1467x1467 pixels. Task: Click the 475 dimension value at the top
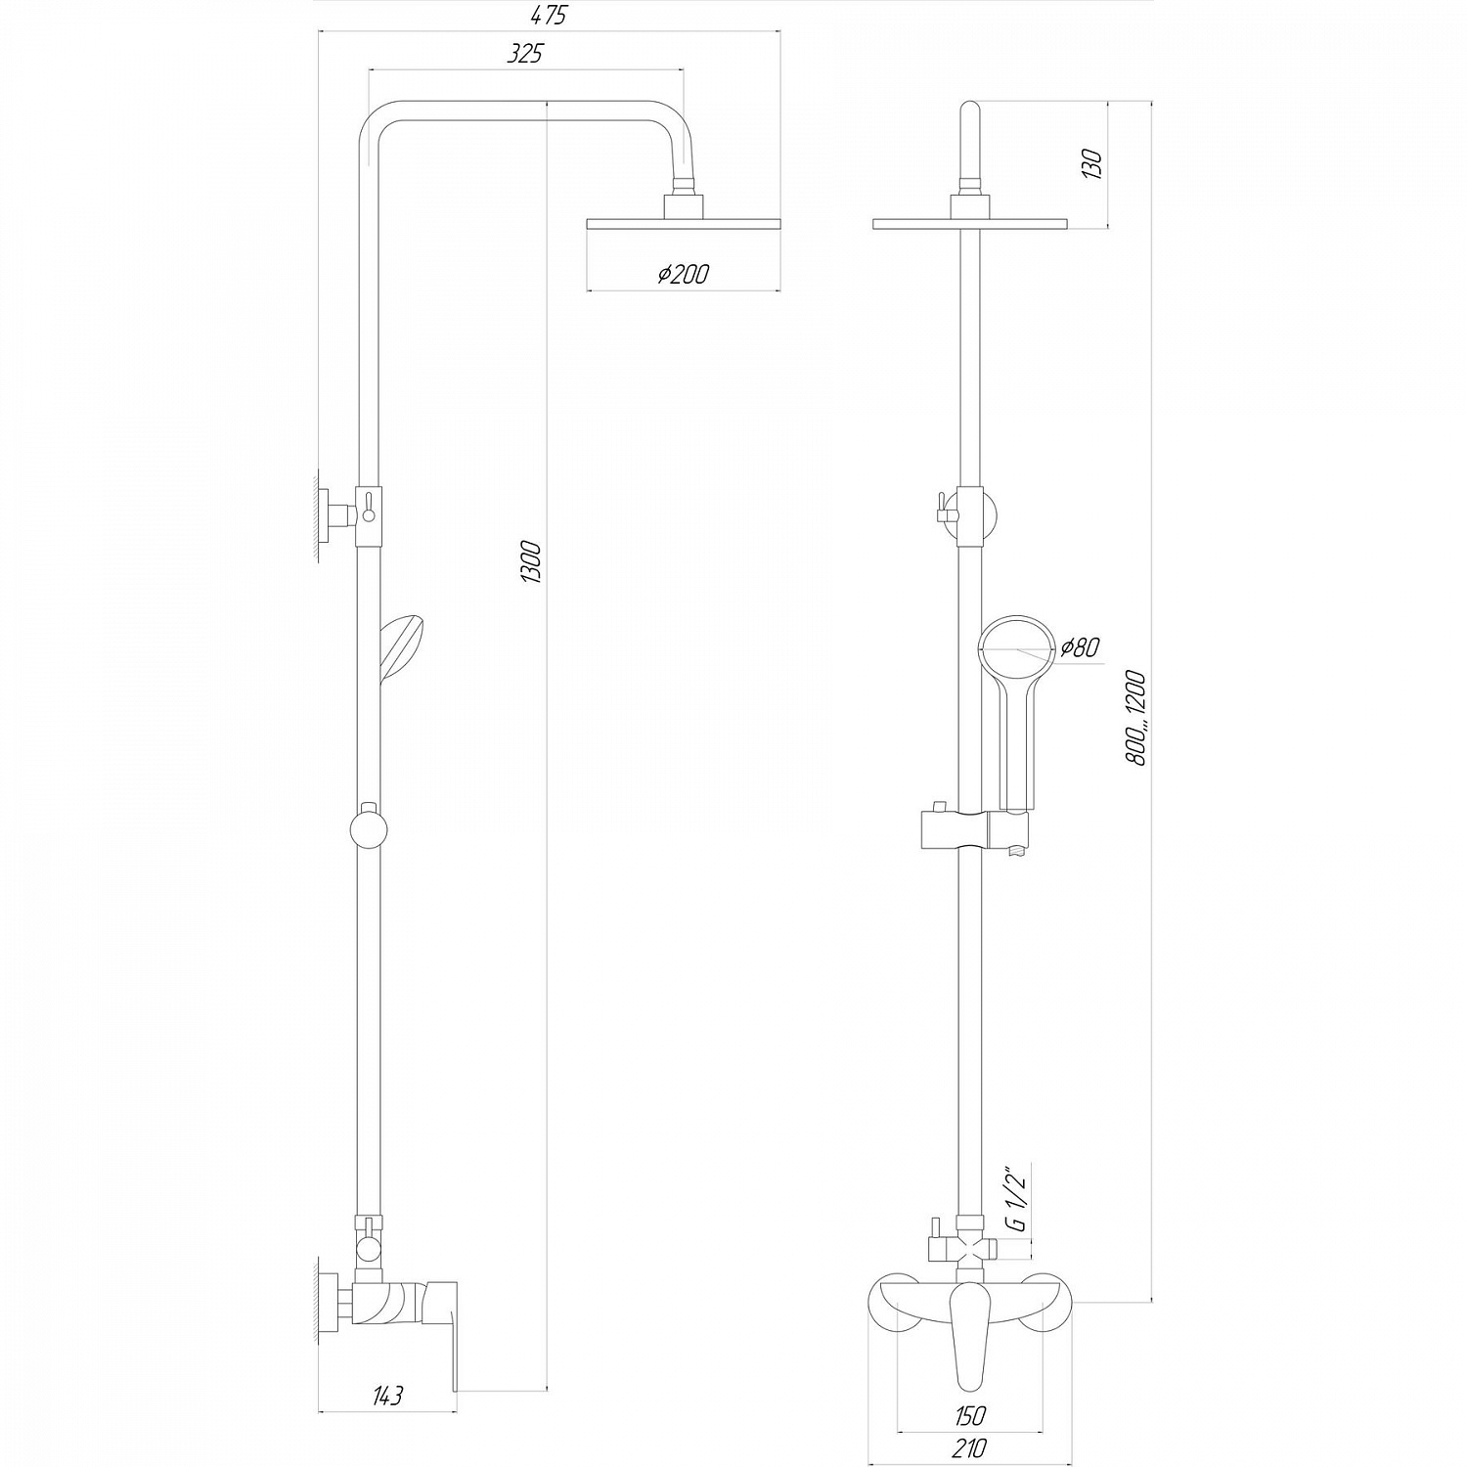point(550,17)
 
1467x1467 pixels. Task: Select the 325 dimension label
point(525,55)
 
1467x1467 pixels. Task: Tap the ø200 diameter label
point(683,276)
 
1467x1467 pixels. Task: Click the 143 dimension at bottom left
point(386,1396)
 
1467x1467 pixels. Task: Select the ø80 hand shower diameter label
point(1080,647)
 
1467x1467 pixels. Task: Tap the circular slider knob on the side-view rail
point(369,831)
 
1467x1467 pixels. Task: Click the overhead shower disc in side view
point(684,223)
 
